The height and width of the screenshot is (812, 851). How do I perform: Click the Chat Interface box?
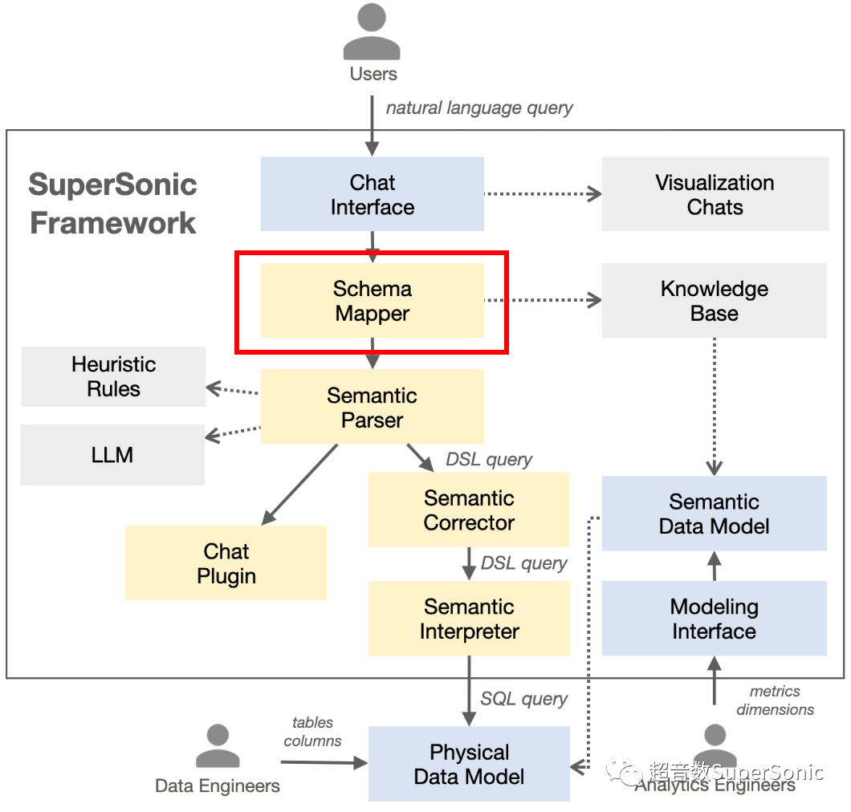tap(373, 194)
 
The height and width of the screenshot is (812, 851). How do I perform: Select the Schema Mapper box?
tap(373, 301)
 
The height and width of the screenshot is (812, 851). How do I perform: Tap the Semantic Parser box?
tap(373, 407)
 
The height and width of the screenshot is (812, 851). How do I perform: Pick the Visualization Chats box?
tap(715, 194)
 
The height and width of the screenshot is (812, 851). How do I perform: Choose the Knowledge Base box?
tap(715, 301)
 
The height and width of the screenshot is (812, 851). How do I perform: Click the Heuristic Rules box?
tap(113, 376)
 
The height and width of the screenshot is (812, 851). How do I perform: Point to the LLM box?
tap(112, 455)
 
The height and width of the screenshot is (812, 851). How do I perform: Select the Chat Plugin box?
tap(226, 563)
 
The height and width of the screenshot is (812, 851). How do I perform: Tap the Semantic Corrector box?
tap(469, 510)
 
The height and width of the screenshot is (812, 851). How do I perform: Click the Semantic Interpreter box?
tap(469, 619)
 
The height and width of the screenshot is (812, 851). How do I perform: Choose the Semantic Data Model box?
tap(715, 514)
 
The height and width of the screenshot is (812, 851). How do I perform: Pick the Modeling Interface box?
tap(715, 619)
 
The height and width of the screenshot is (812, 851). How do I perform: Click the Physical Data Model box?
tap(469, 764)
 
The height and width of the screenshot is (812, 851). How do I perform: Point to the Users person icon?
tap(373, 32)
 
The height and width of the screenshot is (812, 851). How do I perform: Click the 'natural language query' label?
tap(479, 108)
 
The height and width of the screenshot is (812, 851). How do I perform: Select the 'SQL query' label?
tap(523, 700)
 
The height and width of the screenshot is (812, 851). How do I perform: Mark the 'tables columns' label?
tap(313, 732)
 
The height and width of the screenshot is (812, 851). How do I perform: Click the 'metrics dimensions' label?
tap(775, 700)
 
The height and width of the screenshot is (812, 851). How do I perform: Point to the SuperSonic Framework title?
tap(112, 203)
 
